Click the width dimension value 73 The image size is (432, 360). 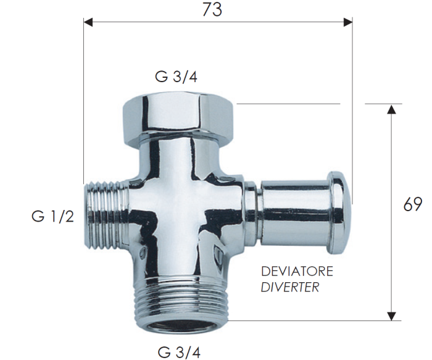[212, 9]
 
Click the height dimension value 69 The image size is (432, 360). [413, 204]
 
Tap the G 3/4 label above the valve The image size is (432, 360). [176, 77]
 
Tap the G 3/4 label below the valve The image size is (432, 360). [179, 353]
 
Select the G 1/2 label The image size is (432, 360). [53, 216]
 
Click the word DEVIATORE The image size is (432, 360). [297, 272]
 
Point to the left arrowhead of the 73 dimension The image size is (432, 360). [88, 22]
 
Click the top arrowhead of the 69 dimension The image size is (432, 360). [391, 109]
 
